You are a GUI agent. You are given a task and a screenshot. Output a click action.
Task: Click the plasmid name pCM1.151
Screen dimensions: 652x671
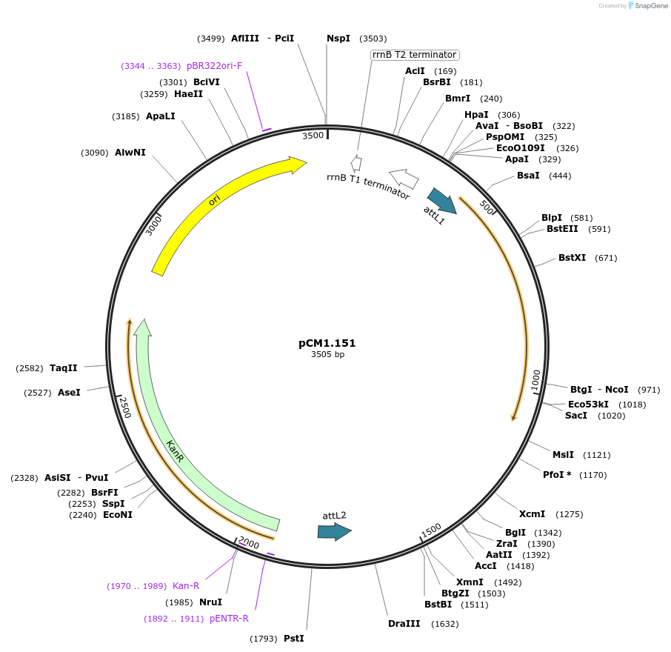point(327,343)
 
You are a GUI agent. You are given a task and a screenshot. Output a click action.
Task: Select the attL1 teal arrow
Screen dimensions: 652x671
point(442,200)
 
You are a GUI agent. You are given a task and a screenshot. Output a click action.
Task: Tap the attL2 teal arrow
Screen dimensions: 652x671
point(334,531)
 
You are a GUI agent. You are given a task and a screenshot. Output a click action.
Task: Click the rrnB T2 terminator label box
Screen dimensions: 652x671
point(415,55)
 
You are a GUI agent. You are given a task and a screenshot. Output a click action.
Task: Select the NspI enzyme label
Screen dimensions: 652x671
point(338,39)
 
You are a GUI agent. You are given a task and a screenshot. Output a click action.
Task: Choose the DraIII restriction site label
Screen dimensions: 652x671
point(404,624)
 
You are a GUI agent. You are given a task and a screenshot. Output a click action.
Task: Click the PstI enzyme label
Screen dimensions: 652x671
point(293,639)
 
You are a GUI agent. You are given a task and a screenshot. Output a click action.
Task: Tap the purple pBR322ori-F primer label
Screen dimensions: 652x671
point(215,66)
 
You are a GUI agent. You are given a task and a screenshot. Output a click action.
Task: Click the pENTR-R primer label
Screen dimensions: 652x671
point(229,619)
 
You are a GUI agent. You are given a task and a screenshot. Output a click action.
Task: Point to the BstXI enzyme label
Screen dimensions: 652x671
point(572,258)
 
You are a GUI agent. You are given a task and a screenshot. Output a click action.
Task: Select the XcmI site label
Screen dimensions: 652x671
point(532,514)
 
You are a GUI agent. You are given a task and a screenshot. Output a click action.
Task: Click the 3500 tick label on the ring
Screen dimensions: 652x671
point(313,136)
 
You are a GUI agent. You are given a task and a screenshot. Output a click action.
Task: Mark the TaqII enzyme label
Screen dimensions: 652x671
point(64,368)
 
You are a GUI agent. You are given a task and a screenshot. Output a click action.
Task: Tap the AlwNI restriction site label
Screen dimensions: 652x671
point(130,153)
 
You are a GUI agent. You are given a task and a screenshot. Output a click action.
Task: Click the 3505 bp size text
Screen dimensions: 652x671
point(327,355)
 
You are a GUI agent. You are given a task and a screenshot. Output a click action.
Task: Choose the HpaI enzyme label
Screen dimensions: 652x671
point(476,115)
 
